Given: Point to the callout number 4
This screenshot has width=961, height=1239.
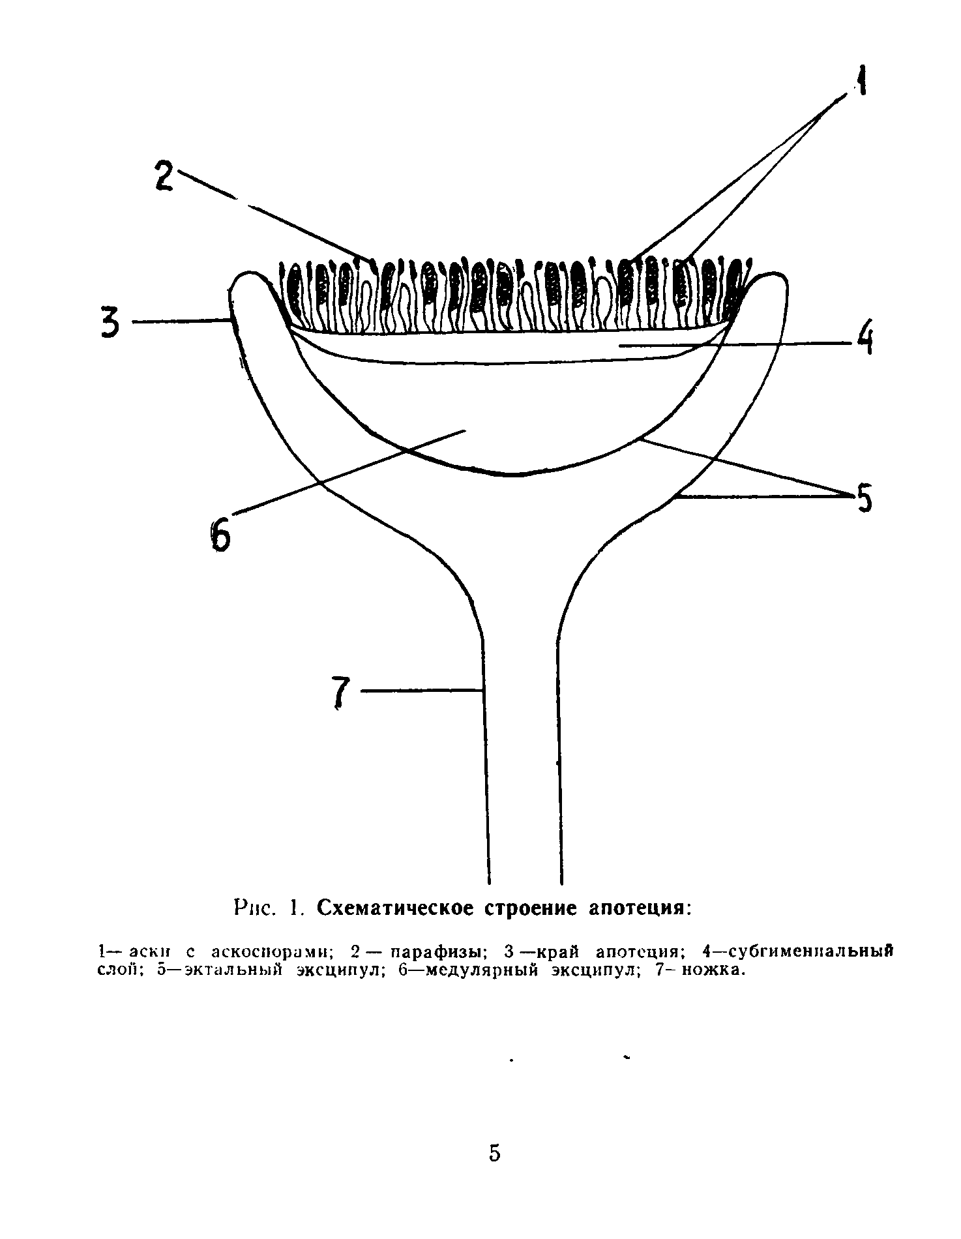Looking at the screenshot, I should coord(865,340).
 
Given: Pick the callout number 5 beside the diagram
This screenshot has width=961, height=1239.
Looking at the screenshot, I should coord(863,499).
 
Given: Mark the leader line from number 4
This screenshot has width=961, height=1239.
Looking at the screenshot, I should coord(737,344).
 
